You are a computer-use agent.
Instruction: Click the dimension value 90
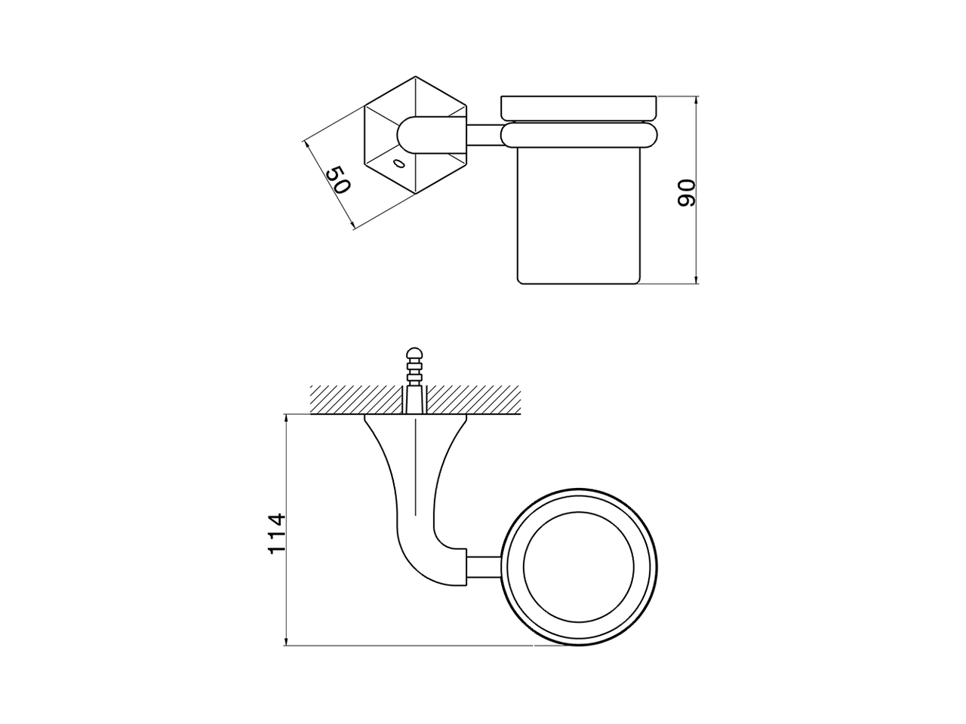tap(685, 193)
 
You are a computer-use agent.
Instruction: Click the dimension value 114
tap(277, 533)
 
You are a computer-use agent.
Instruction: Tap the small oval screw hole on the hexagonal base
tap(397, 163)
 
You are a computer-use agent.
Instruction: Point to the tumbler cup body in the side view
tap(579, 219)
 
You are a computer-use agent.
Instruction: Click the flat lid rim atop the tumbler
tap(579, 108)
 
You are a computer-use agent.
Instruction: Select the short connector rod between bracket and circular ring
tap(485, 567)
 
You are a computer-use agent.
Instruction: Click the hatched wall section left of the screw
tap(355, 398)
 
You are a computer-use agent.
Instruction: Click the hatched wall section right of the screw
tap(475, 398)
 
